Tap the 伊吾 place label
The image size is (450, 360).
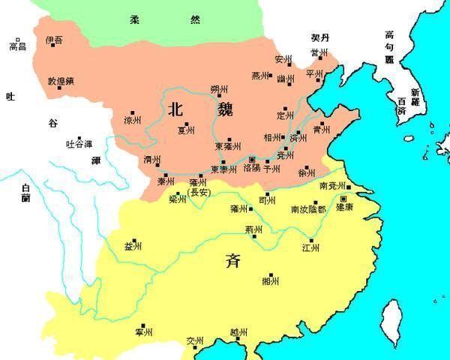tap(54, 38)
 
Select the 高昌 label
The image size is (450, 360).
tap(16, 46)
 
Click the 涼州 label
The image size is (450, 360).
tap(132, 120)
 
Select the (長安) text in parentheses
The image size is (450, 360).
tap(199, 193)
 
